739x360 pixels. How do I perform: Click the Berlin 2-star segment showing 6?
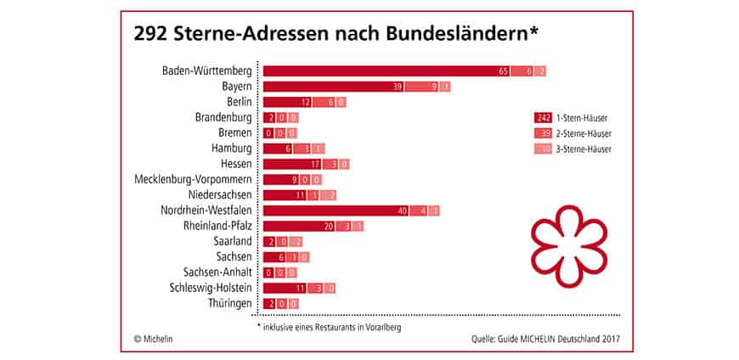330,102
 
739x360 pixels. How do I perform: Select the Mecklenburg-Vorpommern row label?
194,179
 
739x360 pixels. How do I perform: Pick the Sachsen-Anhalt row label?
217,273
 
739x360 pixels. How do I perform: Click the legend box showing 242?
544,118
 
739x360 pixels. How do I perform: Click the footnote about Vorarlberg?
328,326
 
